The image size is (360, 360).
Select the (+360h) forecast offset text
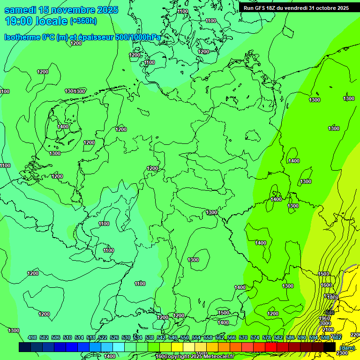tap(83, 21)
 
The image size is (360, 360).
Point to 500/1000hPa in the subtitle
tap(141, 37)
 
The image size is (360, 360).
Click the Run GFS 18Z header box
tap(296, 8)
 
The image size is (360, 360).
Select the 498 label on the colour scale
tap(32, 337)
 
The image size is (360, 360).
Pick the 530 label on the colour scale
tap(126, 337)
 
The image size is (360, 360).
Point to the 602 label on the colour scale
tap(336, 337)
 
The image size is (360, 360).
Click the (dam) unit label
tap(347, 347)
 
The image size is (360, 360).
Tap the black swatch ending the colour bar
tap(330, 347)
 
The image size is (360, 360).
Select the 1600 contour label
tap(326, 285)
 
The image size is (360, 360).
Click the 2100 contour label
tap(328, 330)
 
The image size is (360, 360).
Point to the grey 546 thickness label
tap(330, 312)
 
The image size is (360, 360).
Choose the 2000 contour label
tap(325, 323)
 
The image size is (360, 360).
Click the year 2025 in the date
tap(107, 10)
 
